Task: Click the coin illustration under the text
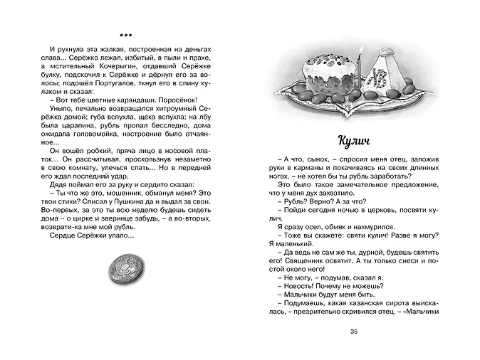(125, 269)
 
